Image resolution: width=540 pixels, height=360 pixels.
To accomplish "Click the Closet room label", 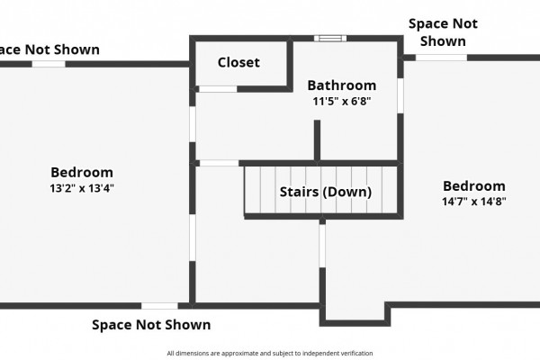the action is [238, 62].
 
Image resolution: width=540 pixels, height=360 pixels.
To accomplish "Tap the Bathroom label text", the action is [342, 85].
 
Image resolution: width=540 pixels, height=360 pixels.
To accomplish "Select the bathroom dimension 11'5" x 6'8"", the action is [342, 102].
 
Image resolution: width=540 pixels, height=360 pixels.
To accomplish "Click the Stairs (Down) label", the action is [326, 192].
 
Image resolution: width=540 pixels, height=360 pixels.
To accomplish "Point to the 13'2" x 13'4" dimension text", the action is [82, 188].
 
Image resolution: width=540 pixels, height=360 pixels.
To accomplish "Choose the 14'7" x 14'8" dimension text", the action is [474, 202].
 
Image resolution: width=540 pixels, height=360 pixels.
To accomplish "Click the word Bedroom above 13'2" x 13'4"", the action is [82, 172].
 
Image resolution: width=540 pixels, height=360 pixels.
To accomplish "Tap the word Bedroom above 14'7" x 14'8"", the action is [474, 186].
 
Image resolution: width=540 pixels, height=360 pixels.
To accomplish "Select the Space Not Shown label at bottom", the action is [151, 325].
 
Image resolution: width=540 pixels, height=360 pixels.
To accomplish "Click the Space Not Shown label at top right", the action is [443, 32].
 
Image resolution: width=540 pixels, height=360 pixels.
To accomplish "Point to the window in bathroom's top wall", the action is [330, 38].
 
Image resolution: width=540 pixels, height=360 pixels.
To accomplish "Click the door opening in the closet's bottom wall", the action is [218, 89].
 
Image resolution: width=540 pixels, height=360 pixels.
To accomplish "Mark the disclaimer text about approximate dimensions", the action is [270, 353].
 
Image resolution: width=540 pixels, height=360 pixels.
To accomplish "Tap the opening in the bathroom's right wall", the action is [400, 95].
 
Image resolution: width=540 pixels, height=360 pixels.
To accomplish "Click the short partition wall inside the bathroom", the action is [317, 140].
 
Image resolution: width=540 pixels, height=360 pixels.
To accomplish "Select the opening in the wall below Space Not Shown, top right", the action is [441, 58].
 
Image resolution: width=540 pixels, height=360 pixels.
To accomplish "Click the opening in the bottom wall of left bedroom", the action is [159, 306].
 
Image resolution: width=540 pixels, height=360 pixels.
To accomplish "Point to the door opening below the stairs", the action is [322, 246].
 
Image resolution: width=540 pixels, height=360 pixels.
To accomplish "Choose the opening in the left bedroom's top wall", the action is [49, 64].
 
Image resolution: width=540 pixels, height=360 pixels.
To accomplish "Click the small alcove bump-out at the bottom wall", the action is [355, 314].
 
